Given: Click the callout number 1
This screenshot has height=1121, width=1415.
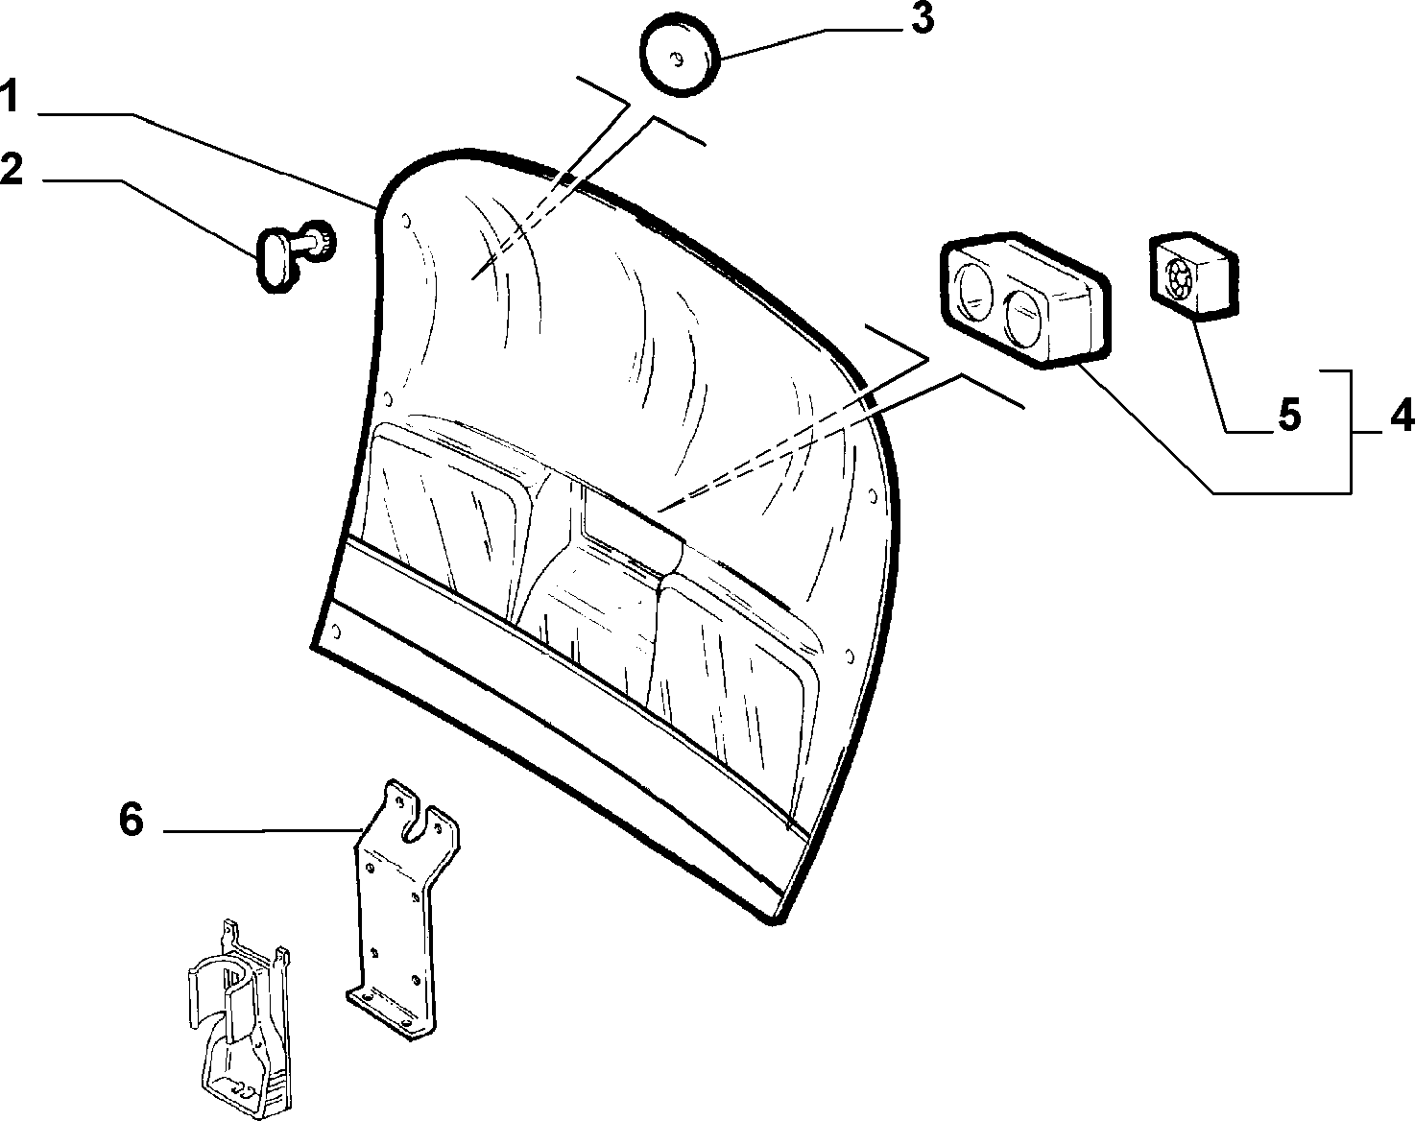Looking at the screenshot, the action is [x=10, y=96].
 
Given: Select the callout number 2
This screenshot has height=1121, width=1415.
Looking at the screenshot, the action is [x=12, y=169].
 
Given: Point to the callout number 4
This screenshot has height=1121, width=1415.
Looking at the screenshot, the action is [x=1401, y=416].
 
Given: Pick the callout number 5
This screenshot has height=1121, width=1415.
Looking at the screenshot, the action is [x=1289, y=416].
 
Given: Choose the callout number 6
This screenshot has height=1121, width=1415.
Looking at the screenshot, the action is [x=132, y=821].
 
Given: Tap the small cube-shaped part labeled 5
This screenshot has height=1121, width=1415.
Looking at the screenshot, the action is [x=1192, y=276].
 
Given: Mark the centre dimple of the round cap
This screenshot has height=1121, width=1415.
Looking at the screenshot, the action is [x=675, y=60].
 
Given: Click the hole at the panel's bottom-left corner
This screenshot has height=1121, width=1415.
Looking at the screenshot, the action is [x=337, y=632].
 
